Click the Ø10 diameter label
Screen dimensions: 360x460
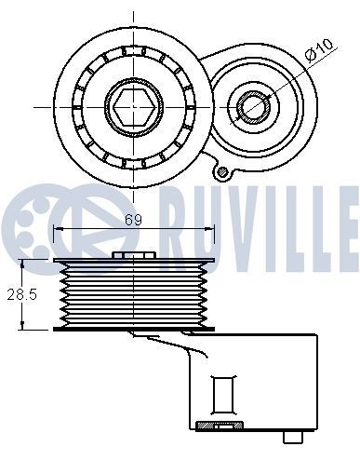[x=318, y=49]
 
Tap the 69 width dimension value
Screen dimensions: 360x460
[x=133, y=220]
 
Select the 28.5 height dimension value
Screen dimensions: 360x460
[x=21, y=294]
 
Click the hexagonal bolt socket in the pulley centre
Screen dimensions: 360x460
[x=134, y=107]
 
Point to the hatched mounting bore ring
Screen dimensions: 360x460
[x=253, y=107]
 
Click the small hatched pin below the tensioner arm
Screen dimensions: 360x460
[x=222, y=170]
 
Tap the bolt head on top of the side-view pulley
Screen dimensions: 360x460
[x=134, y=255]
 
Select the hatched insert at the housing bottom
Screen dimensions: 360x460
[x=220, y=425]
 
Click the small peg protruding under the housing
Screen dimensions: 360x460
[x=293, y=437]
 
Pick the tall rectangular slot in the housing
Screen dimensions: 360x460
[x=222, y=395]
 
